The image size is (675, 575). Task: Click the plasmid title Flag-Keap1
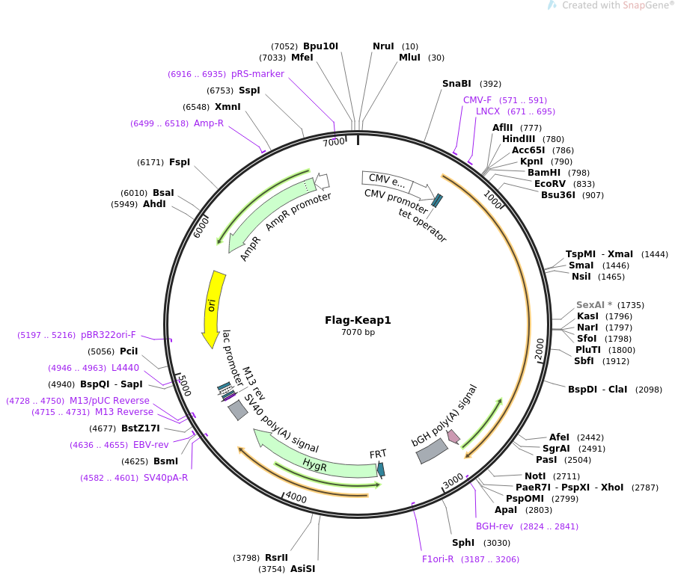click(358, 320)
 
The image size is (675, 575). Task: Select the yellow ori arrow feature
click(213, 307)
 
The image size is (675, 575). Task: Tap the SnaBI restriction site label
click(456, 84)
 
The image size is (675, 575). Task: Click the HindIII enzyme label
click(518, 139)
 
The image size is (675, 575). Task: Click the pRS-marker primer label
click(257, 74)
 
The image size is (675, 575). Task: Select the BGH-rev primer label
click(495, 526)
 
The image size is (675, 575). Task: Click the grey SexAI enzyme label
click(589, 305)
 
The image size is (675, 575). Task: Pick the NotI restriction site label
click(535, 476)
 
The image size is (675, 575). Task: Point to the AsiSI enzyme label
click(303, 569)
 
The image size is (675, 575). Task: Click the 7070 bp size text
click(358, 332)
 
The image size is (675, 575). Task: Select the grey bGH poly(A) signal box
click(433, 451)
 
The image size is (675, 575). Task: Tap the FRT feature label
click(378, 454)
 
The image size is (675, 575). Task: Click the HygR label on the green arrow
click(315, 464)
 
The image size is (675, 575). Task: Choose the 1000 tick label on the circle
click(492, 200)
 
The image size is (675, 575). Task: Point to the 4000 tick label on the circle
click(296, 497)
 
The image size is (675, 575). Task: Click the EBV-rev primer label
click(151, 445)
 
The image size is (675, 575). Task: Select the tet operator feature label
click(423, 225)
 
